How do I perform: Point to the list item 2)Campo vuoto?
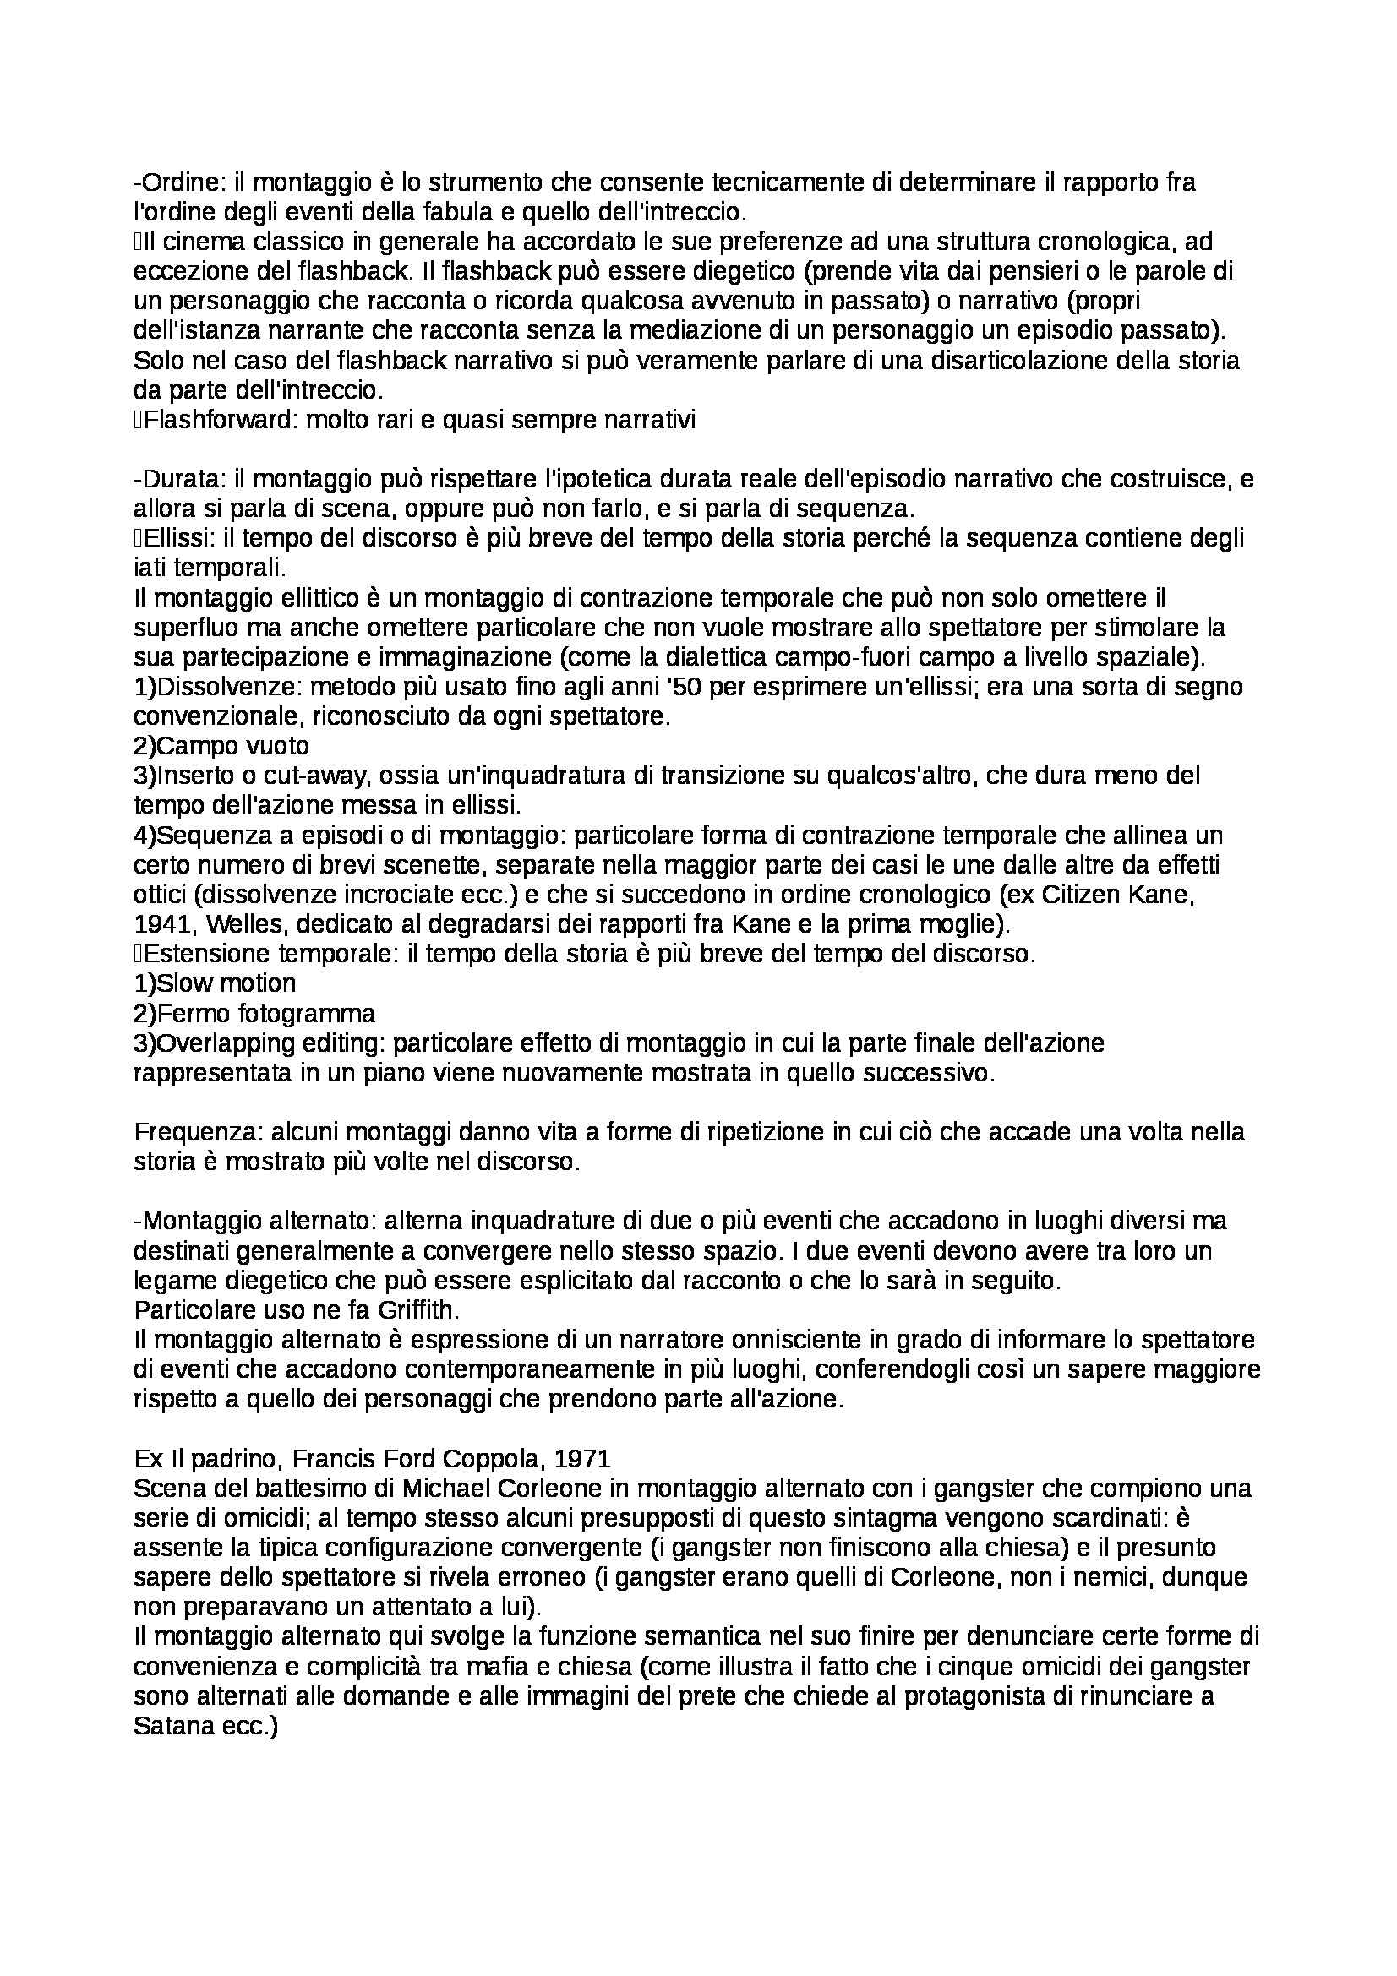[221, 745]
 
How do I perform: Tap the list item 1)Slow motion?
[215, 983]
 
